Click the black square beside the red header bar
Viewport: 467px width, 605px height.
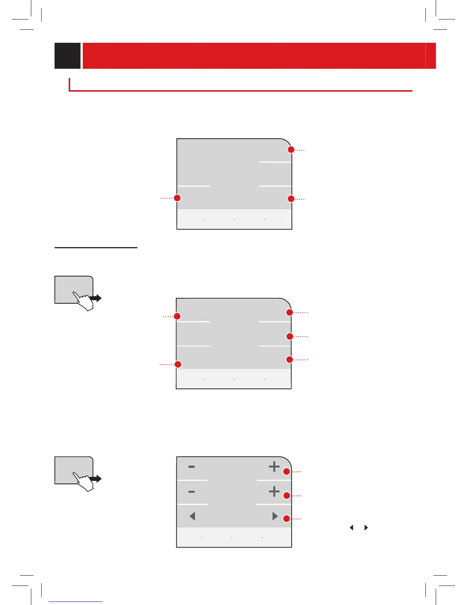(68, 56)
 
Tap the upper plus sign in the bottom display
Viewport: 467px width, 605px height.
(274, 466)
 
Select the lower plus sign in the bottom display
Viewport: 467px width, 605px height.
(274, 491)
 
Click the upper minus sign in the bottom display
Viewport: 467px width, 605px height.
(192, 467)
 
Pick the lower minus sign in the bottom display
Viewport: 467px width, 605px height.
(192, 492)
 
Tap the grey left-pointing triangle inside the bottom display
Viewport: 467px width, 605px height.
(192, 516)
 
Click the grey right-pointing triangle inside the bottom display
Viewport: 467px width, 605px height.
(275, 516)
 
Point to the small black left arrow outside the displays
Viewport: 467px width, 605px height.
(351, 527)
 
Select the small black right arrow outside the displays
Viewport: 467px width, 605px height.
(366, 527)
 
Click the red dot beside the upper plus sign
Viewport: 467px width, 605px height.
(286, 472)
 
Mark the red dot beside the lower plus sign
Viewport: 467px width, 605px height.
(286, 495)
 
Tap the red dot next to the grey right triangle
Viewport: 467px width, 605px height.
(286, 519)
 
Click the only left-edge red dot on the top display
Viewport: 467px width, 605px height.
(177, 198)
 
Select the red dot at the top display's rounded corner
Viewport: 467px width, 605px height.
(291, 150)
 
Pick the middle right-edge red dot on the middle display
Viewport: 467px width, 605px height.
(290, 336)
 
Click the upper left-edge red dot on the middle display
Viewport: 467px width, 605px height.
(177, 316)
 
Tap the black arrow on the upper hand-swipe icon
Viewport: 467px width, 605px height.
(97, 298)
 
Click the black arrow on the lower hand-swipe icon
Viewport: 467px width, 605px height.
(97, 479)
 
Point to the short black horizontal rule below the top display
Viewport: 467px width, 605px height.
(96, 247)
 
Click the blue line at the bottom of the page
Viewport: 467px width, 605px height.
(76, 602)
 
